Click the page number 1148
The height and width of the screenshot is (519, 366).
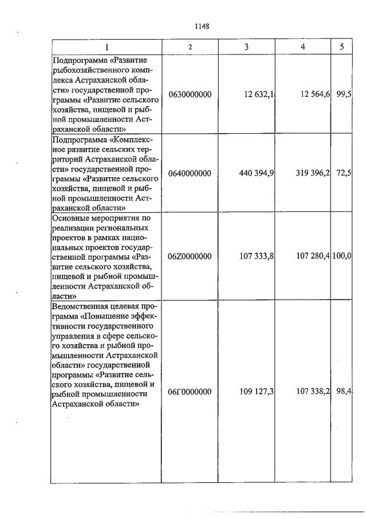202,26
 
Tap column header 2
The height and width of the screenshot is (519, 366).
190,46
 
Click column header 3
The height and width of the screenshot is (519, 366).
246,46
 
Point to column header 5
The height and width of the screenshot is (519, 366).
341,46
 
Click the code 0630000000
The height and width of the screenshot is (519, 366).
190,94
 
